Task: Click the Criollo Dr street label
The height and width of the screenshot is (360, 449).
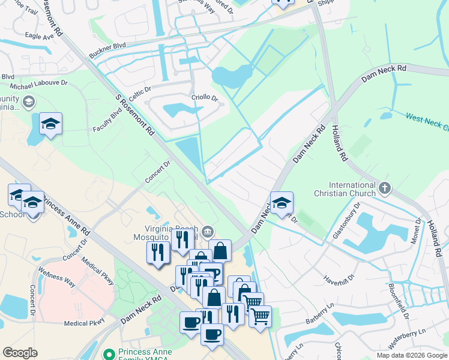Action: click(204, 97)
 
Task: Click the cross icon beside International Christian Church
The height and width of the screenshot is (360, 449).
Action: click(384, 190)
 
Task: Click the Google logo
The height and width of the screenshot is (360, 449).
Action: click(20, 353)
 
